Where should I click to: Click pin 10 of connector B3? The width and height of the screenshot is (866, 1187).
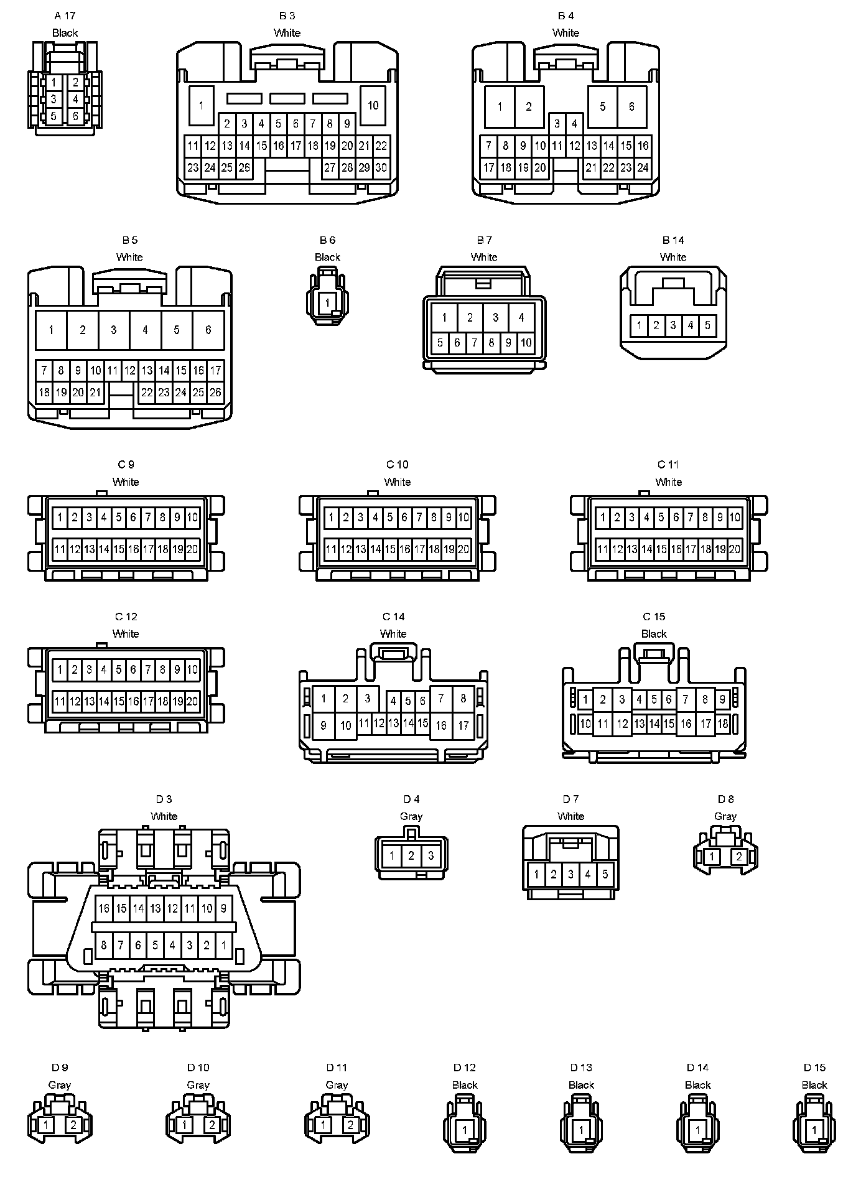373,105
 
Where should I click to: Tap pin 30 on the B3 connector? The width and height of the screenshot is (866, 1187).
381,167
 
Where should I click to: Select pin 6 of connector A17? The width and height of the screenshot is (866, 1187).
75,116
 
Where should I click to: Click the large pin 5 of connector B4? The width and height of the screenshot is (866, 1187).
602,106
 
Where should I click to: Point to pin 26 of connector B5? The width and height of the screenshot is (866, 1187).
215,393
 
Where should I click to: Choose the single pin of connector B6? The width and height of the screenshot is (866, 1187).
327,304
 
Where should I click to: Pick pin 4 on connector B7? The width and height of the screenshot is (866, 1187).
521,318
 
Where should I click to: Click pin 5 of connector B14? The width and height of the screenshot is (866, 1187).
707,325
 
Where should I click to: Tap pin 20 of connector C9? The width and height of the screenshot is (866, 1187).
192,549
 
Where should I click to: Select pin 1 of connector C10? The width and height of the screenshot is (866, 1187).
331,518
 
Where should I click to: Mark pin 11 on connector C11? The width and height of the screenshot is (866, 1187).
602,549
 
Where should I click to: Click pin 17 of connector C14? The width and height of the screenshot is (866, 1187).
463,725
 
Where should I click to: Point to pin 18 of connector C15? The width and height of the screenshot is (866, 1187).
722,724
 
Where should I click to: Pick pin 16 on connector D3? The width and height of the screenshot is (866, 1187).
104,908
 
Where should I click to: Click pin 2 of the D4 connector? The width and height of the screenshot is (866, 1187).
411,856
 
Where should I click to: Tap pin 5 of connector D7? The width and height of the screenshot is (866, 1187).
605,875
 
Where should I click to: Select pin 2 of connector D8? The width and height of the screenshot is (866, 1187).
739,857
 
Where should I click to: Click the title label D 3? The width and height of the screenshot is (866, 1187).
164,799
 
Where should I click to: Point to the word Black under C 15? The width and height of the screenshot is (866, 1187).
654,634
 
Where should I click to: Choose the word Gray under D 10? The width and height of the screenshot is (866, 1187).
198,1085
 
